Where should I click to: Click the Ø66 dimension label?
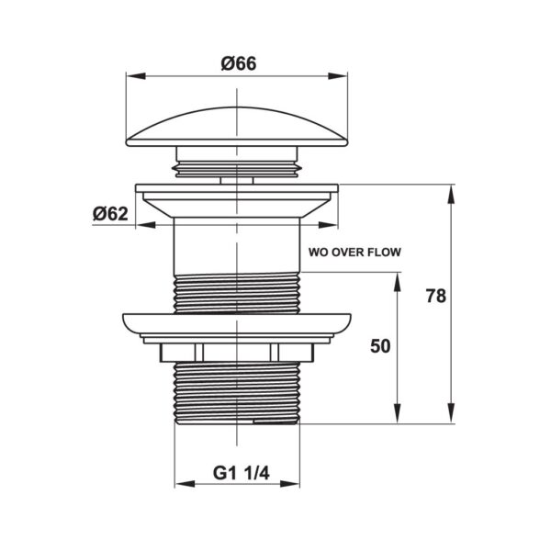coord(239,64)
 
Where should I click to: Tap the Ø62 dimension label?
coord(110,214)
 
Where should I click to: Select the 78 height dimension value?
coord(435,296)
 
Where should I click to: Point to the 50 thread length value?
coord(380,346)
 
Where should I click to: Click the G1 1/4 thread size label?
coord(241,473)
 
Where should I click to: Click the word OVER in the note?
coord(344,252)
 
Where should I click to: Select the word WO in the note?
coord(318,252)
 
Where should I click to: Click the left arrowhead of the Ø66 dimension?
coord(136,76)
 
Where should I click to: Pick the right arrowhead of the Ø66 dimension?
coord(338,76)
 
